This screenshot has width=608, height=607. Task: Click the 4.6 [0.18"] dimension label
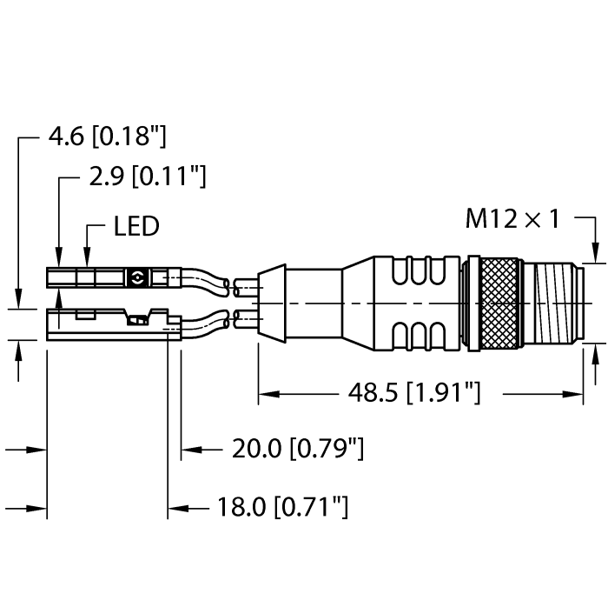[x=107, y=137]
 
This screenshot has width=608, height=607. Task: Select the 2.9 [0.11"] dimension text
[x=147, y=178]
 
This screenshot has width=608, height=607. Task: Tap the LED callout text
[x=136, y=227]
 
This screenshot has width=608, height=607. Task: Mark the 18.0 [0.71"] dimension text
[x=284, y=506]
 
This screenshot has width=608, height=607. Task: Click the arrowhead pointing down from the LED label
[x=88, y=261]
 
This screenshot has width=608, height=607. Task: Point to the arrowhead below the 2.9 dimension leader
[x=59, y=261]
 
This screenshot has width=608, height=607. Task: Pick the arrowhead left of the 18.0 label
[x=175, y=506]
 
